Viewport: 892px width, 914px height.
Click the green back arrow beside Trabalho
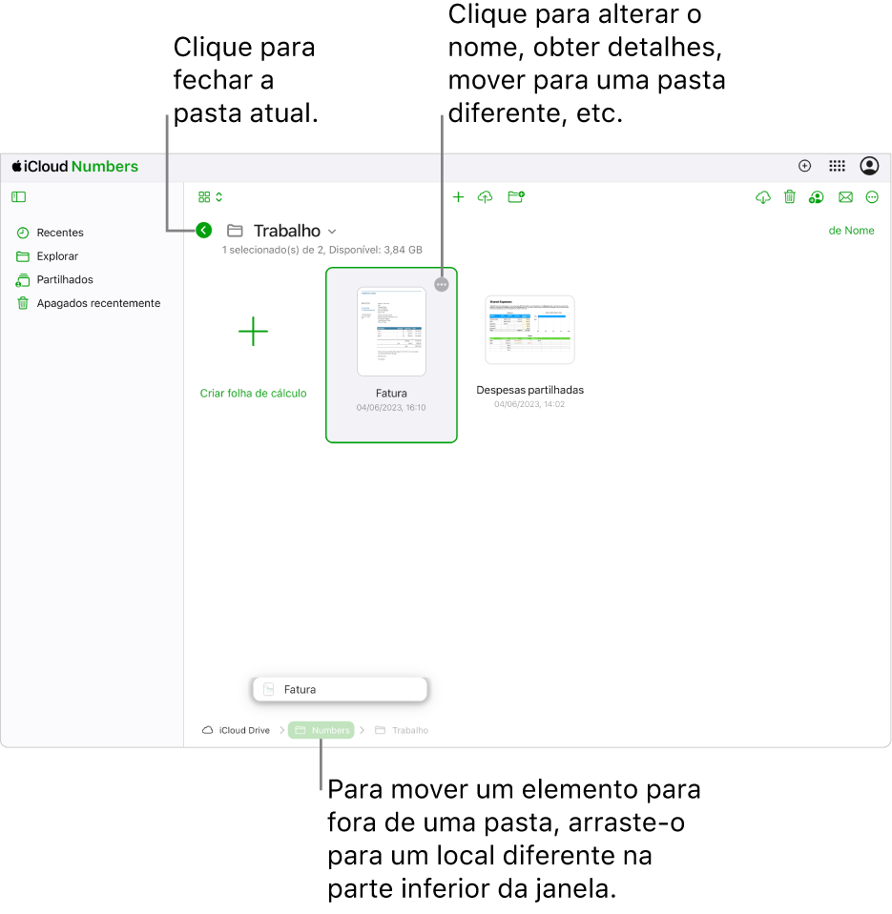coord(203,230)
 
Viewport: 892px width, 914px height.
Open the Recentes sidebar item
coord(59,233)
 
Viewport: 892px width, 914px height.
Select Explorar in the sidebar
coord(57,256)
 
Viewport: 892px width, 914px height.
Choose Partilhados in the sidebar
coord(64,280)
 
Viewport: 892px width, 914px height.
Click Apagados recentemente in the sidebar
coord(97,303)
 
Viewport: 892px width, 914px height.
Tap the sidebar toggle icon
coord(18,197)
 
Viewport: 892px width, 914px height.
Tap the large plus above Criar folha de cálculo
coord(253,332)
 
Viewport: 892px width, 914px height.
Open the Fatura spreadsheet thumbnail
coord(391,332)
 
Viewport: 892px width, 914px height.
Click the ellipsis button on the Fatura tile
coord(440,284)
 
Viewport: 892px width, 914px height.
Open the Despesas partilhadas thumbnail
coord(529,330)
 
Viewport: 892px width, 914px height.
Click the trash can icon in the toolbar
coord(790,197)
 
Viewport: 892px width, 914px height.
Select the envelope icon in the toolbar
coord(845,197)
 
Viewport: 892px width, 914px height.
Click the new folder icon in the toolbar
coord(516,197)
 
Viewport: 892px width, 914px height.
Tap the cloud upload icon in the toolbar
coord(486,197)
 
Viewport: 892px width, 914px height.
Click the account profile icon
coord(869,166)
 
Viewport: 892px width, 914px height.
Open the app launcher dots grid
coord(837,166)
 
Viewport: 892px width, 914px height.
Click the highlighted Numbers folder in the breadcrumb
coord(322,730)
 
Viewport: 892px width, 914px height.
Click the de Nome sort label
coord(851,231)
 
